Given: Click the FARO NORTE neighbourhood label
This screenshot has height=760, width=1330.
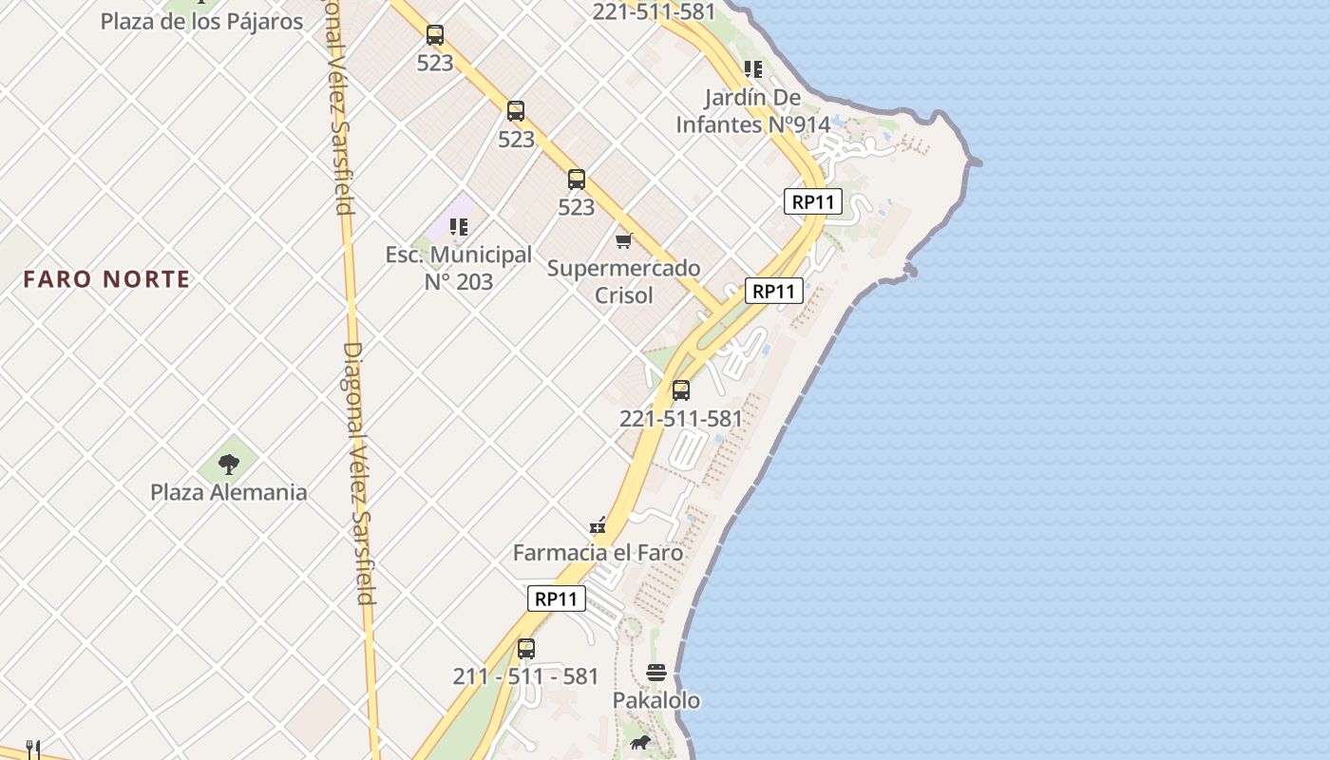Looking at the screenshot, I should pyautogui.click(x=106, y=279).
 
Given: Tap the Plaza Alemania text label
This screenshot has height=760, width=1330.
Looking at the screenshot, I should pyautogui.click(x=229, y=492).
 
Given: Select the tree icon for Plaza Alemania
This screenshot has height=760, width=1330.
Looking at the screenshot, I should pyautogui.click(x=229, y=464).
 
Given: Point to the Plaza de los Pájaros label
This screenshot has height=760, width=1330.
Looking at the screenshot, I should pyautogui.click(x=201, y=21).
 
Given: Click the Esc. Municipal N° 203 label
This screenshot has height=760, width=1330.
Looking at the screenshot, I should pyautogui.click(x=458, y=268).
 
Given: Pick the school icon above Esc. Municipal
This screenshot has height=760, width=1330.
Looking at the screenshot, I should pyautogui.click(x=459, y=227).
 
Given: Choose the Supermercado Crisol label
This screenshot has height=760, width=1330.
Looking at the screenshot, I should pyautogui.click(x=624, y=281).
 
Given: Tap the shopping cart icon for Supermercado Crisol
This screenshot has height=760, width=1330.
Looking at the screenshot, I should pyautogui.click(x=624, y=240).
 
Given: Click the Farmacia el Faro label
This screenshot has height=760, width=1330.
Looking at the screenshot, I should pyautogui.click(x=598, y=552).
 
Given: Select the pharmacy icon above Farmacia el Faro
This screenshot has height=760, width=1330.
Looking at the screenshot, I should pyautogui.click(x=598, y=524).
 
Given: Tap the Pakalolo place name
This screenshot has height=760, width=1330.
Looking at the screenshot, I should pyautogui.click(x=656, y=700).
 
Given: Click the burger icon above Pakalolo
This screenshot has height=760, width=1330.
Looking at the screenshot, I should pyautogui.click(x=656, y=673).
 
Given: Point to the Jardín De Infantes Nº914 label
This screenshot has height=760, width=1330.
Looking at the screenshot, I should pyautogui.click(x=753, y=110).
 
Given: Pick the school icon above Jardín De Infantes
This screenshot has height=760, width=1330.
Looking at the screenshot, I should pyautogui.click(x=753, y=68).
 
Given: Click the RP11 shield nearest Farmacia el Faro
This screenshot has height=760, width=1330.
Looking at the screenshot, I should pyautogui.click(x=557, y=598).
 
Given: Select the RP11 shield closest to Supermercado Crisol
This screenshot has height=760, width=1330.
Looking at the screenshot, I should pyautogui.click(x=774, y=291).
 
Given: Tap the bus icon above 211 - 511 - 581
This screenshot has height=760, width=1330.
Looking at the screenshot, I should pyautogui.click(x=525, y=649).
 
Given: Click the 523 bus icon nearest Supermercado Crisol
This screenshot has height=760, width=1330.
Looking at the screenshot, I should pyautogui.click(x=577, y=180).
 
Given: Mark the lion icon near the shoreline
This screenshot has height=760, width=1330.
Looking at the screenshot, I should pyautogui.click(x=639, y=742).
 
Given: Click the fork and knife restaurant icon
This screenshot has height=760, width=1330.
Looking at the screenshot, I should pyautogui.click(x=33, y=750).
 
